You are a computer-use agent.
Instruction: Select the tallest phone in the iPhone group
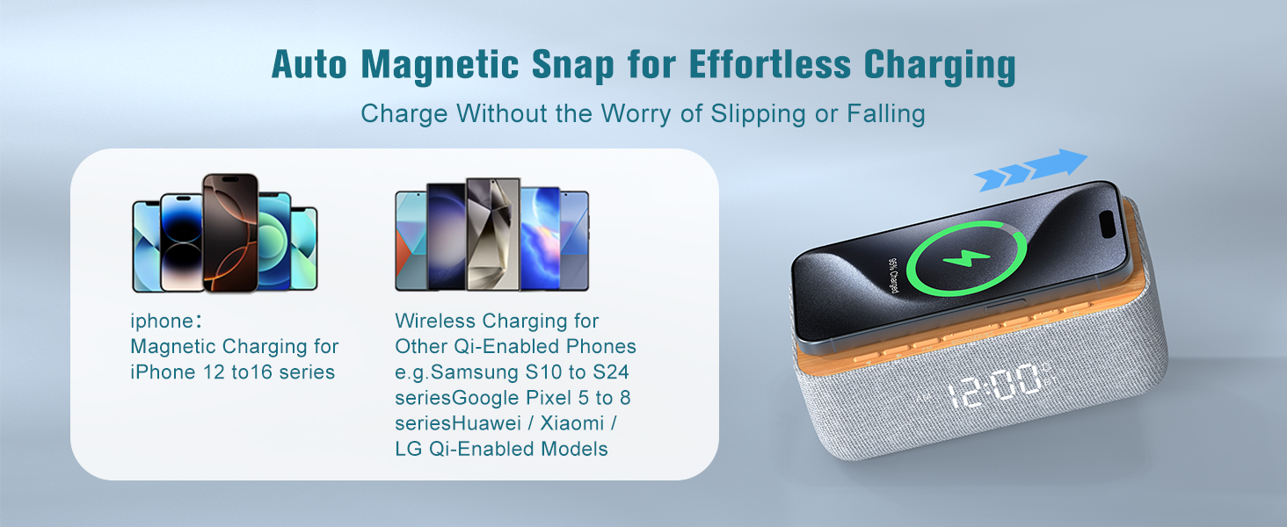pyautogui.click(x=230, y=232)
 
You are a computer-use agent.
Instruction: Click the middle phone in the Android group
pyautogui.click(x=493, y=234)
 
